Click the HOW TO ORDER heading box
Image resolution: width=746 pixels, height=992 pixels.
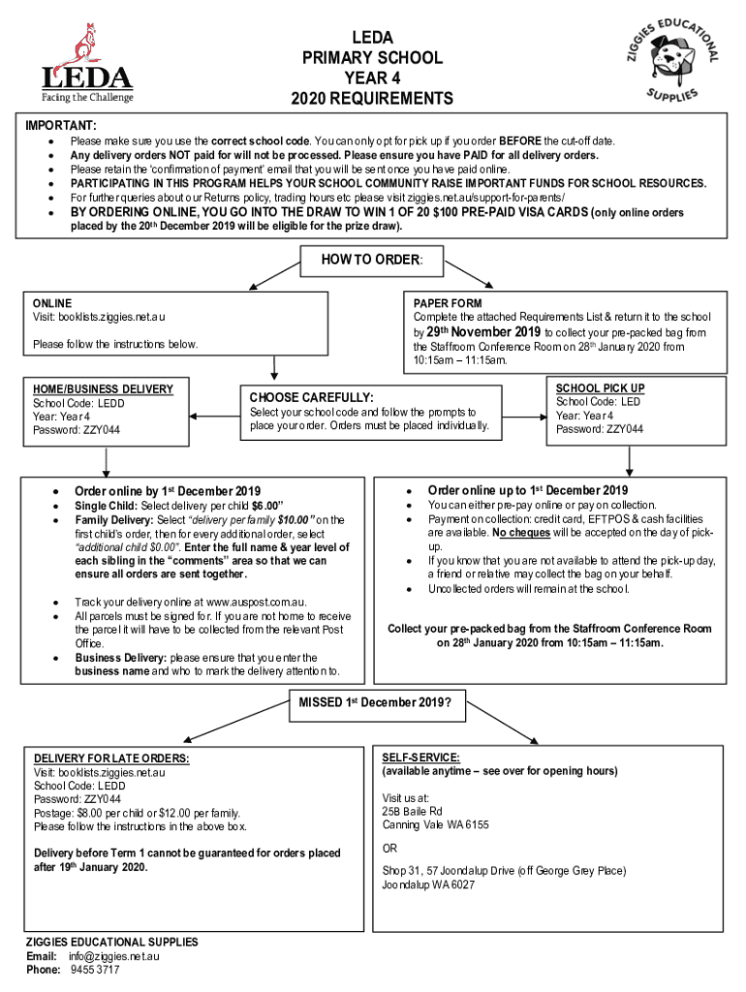(x=372, y=260)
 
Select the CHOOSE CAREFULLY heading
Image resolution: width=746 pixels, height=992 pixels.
(x=312, y=397)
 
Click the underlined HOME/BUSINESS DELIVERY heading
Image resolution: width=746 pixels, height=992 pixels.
(x=103, y=389)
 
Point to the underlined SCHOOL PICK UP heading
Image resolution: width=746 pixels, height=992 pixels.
(x=600, y=388)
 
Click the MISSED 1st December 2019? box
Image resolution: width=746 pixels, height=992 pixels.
(x=373, y=702)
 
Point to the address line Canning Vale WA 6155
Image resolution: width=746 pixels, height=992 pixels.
(x=435, y=825)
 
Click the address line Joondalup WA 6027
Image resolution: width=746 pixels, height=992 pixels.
(x=428, y=885)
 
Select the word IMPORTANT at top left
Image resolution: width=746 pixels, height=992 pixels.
(x=60, y=126)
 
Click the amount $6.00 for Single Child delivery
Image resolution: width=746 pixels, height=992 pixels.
(x=265, y=506)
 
